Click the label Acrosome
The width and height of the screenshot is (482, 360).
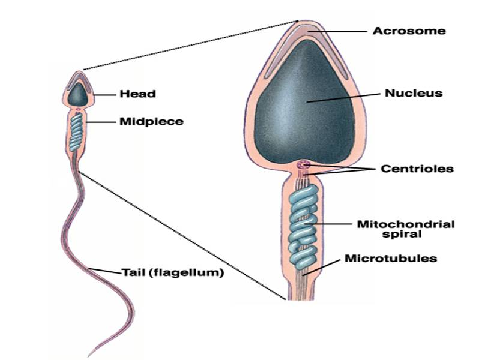click(409, 30)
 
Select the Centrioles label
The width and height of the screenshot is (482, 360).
click(417, 169)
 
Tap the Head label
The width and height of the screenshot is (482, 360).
click(137, 94)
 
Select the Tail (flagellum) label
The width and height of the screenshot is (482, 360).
click(173, 273)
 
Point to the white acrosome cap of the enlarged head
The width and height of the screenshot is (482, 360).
click(306, 34)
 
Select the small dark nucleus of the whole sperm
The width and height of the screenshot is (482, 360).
click(77, 94)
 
